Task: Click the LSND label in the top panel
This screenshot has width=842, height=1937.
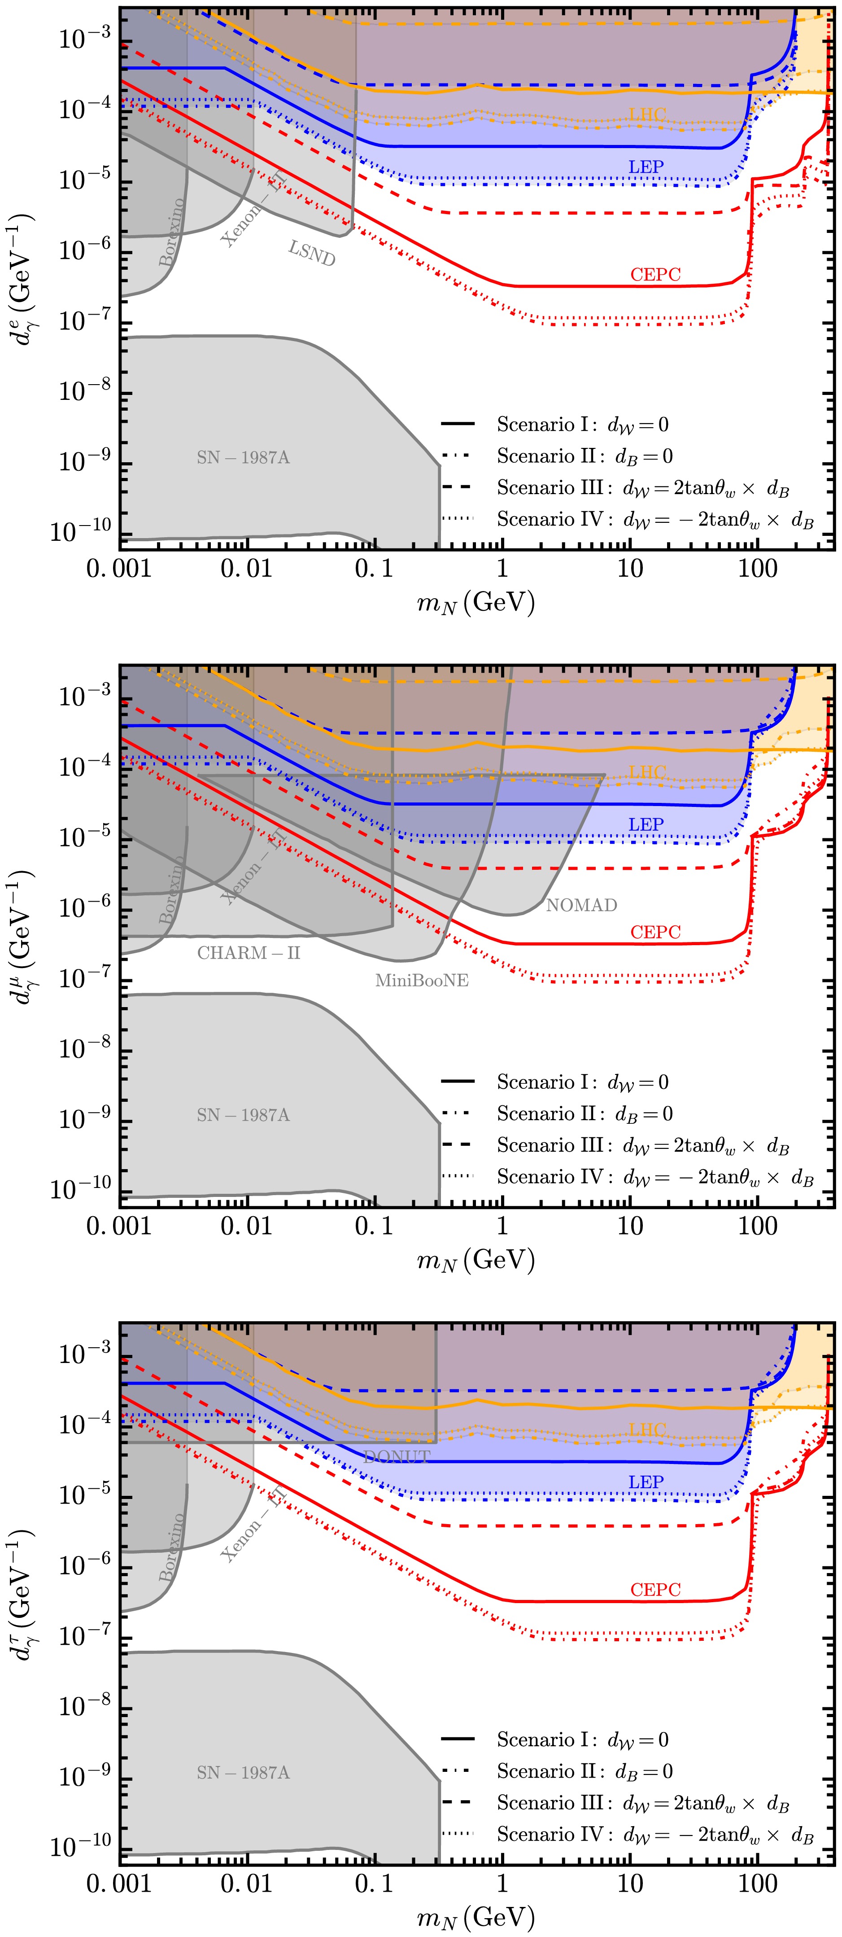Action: coord(312,254)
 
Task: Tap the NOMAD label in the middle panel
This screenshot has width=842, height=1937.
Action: coord(581,905)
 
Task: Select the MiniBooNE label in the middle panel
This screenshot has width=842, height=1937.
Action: coord(422,981)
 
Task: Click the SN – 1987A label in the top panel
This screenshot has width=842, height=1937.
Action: coord(243,458)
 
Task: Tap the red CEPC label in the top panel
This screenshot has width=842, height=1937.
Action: coord(655,275)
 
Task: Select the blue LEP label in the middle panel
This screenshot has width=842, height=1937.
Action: coord(646,825)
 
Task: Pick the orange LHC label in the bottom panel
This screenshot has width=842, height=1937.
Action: coord(647,1429)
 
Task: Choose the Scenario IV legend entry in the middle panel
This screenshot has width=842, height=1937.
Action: coord(654,1178)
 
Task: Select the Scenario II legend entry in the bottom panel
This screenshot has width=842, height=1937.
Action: coord(584,1771)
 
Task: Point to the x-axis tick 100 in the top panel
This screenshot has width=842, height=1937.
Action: coord(757,569)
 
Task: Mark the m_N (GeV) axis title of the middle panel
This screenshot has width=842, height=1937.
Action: coord(476,1261)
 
